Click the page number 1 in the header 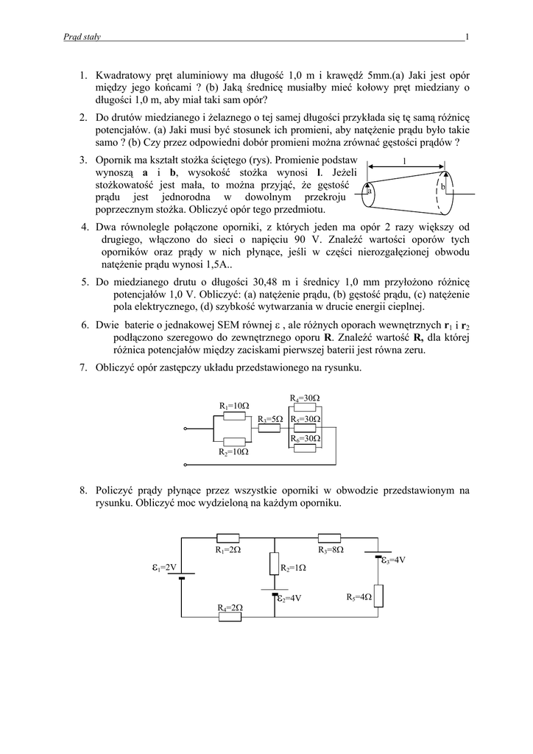(467, 36)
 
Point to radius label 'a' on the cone (370, 191)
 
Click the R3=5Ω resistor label (270, 418)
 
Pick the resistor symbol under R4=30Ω (305, 407)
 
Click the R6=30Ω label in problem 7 (305, 438)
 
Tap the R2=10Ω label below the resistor (234, 451)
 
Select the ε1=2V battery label (164, 567)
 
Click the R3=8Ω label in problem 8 (331, 549)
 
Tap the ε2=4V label (289, 599)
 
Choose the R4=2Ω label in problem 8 (230, 607)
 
